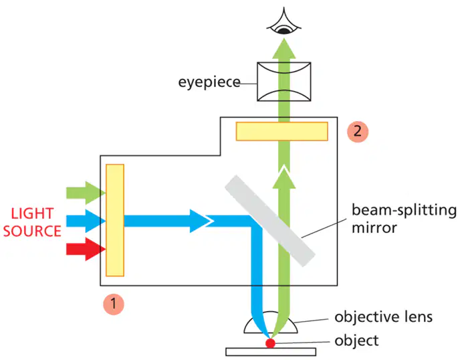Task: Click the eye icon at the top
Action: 283,22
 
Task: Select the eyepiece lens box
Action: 283,82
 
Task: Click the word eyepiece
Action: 209,82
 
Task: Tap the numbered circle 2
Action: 358,131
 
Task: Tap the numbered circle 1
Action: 114,304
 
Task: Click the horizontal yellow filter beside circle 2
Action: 282,131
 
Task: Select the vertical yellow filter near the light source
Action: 115,220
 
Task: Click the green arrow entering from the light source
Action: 86,193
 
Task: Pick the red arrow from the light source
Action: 86,249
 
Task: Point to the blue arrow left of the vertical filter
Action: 86,221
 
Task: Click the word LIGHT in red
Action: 32,213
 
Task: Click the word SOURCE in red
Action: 32,231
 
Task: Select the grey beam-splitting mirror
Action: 270,221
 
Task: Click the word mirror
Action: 374,228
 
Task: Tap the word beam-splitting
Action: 404,211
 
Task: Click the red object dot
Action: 270,343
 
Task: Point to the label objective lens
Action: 383,317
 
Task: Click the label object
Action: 356,341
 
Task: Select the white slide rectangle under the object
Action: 271,352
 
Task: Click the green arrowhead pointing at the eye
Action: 283,49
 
